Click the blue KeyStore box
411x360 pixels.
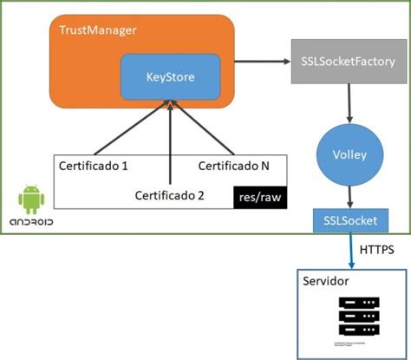tap(170, 77)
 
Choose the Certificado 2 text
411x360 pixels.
tap(169, 195)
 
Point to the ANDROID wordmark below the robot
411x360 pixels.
tap(31, 224)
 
